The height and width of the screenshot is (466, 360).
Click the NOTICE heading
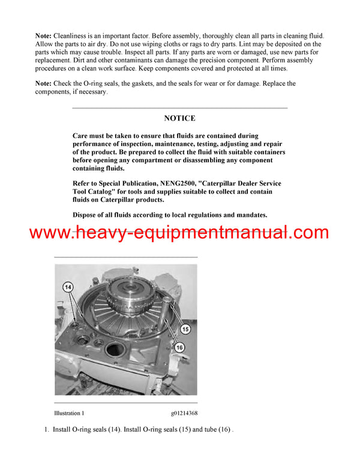(179, 118)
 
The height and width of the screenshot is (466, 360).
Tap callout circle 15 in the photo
(185, 328)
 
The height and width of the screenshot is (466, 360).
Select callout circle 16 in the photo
(179, 347)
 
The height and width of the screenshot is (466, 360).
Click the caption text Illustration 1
(69, 413)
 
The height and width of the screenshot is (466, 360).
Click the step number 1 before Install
(46, 429)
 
